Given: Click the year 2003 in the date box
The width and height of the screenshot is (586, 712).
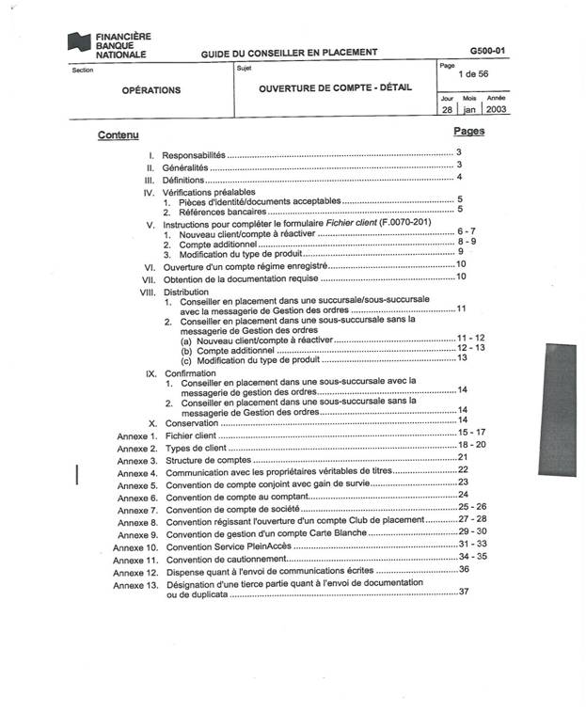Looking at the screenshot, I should click(498, 109).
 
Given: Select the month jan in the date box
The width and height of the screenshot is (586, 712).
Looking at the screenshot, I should click(469, 109).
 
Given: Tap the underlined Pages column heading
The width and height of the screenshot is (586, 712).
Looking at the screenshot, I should click(468, 131).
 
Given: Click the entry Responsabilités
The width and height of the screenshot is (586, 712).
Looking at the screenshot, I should click(194, 154).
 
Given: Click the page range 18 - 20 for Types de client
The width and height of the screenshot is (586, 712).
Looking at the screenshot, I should click(471, 444).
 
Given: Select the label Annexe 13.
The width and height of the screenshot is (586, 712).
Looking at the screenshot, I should click(135, 584).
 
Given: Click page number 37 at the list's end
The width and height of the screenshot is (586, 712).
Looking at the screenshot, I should click(463, 592).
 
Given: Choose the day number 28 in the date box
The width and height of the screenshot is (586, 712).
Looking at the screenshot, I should click(447, 109).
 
